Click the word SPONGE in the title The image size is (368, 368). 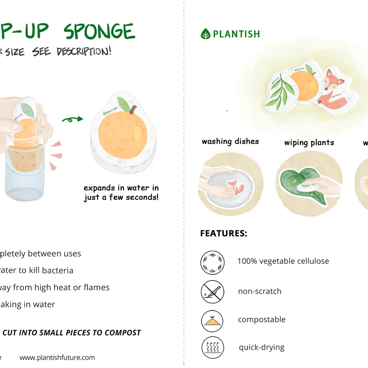click(99, 32)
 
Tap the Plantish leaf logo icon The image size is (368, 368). click(206, 34)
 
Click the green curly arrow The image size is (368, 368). click(73, 119)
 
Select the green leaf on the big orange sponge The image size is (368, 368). click(124, 104)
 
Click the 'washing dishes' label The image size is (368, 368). click(230, 141)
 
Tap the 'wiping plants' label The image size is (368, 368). click(309, 143)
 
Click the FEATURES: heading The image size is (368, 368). click(224, 233)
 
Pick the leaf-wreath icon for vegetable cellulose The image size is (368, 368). click(212, 262)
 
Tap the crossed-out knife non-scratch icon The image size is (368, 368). click(212, 292)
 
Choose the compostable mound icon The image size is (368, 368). click(212, 321)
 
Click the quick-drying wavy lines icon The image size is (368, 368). click(213, 347)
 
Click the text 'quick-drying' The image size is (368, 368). click(262, 347)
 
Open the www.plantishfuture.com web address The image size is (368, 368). click(57, 358)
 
